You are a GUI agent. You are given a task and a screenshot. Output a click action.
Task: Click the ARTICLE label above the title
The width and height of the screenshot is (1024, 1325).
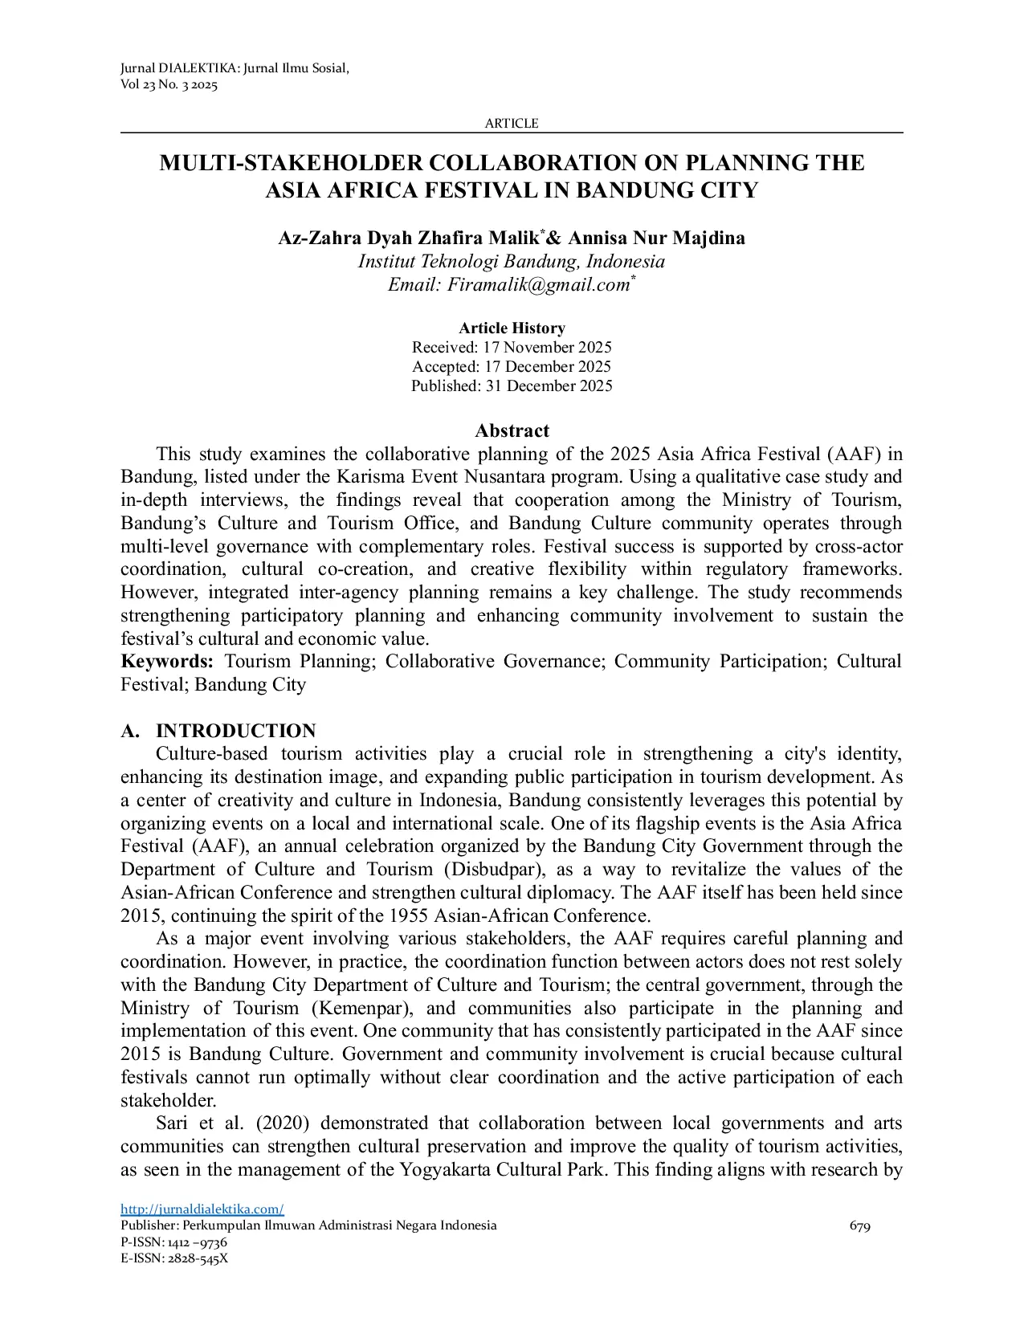(x=512, y=124)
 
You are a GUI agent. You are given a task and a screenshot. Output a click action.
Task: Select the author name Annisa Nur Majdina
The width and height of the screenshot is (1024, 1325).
(x=656, y=238)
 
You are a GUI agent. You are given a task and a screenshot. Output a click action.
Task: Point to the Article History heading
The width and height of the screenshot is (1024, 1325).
(x=512, y=328)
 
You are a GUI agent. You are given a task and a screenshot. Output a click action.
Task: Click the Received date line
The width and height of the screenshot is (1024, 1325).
(x=512, y=348)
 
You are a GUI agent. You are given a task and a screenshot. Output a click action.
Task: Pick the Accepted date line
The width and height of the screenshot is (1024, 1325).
(x=512, y=367)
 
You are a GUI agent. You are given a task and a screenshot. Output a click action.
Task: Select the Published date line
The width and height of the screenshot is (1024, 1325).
(x=512, y=386)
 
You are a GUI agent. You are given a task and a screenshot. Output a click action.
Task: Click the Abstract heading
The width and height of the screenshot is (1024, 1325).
(x=512, y=431)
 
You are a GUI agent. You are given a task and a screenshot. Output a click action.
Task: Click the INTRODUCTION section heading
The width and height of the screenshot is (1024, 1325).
(x=235, y=731)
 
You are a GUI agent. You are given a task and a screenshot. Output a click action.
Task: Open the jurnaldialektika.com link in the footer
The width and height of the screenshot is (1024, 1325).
(x=202, y=1209)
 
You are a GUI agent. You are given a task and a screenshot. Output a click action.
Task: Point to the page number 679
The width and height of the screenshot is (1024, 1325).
(x=859, y=1226)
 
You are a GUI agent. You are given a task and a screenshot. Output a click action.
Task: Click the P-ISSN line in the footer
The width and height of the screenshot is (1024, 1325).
(x=173, y=1242)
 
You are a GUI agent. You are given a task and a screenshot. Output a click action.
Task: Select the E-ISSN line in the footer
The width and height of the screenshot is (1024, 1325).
(x=174, y=1258)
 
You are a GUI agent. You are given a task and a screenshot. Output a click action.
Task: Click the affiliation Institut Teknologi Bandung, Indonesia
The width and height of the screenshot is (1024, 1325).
(x=512, y=262)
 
